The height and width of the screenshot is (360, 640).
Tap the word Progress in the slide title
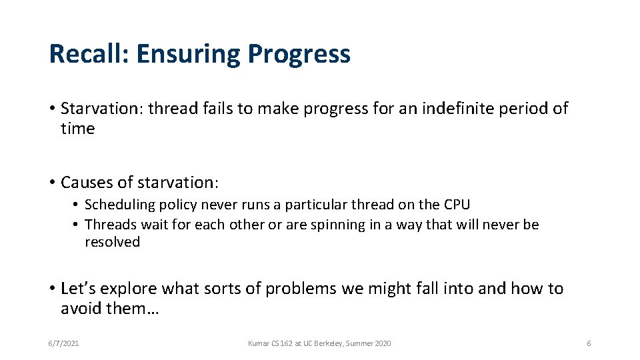(299, 54)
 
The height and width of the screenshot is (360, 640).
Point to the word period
(525, 109)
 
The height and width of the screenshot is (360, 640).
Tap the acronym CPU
(455, 205)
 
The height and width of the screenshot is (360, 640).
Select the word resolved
(112, 242)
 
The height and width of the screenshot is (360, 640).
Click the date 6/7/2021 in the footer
(64, 343)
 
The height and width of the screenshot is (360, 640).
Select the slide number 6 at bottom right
(589, 343)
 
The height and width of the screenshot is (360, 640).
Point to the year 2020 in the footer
(382, 343)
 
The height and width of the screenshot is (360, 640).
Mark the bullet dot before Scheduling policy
(77, 205)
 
